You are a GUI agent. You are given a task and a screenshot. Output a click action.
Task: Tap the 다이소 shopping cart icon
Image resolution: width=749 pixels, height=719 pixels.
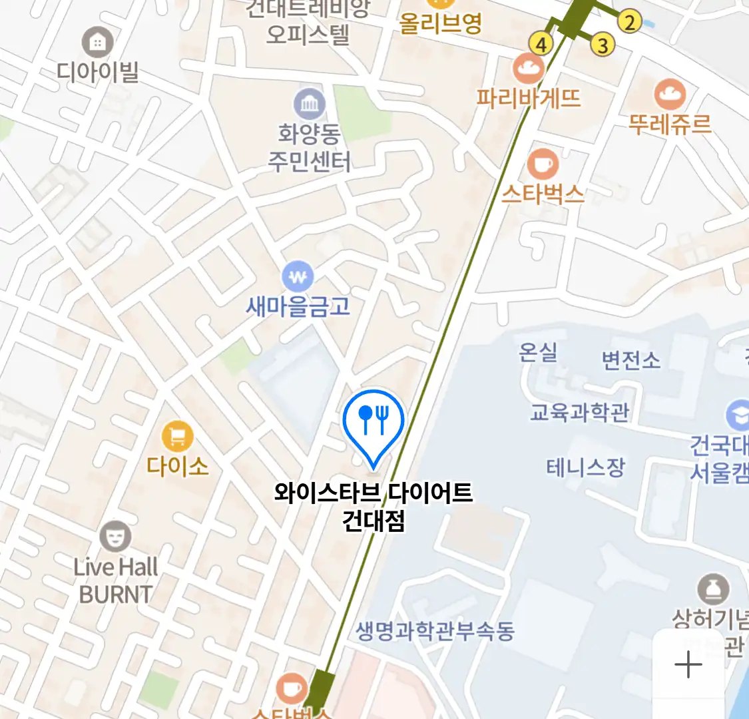point(178,437)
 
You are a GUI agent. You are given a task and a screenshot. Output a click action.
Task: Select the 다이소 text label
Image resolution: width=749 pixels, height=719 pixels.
point(178,465)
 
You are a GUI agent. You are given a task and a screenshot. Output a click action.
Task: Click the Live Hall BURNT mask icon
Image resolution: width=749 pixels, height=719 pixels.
point(115,537)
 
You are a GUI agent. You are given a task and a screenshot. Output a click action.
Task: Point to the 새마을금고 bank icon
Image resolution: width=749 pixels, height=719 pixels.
point(298,276)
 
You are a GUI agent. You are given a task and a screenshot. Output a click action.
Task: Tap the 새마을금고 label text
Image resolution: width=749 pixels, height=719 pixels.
point(298,306)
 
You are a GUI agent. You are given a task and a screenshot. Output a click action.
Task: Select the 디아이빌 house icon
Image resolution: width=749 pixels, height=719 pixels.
point(98,43)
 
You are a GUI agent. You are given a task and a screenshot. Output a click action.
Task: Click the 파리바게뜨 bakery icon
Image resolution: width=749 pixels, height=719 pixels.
point(529,68)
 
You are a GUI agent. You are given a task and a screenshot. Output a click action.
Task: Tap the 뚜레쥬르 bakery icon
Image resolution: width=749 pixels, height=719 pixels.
point(670,94)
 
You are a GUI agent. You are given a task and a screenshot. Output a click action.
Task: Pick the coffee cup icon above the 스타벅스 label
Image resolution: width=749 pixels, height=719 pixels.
point(543,164)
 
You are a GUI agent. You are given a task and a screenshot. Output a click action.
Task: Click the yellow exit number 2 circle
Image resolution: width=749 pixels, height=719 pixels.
point(628,21)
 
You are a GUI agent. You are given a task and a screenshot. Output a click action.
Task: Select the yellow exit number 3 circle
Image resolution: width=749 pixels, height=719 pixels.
point(603,45)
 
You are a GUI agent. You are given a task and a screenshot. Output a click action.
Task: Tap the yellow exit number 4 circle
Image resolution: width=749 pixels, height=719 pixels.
point(541,45)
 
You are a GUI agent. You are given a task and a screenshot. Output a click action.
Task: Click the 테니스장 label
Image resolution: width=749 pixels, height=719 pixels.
point(586,467)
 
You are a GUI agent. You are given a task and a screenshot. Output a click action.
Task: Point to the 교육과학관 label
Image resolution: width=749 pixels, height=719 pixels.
point(579,412)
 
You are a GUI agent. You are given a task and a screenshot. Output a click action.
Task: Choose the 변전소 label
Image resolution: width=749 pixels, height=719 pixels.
point(631,360)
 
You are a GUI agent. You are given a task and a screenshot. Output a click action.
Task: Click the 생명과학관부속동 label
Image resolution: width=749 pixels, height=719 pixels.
point(435,630)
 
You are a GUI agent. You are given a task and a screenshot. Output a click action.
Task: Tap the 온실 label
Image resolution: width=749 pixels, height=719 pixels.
point(538,352)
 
